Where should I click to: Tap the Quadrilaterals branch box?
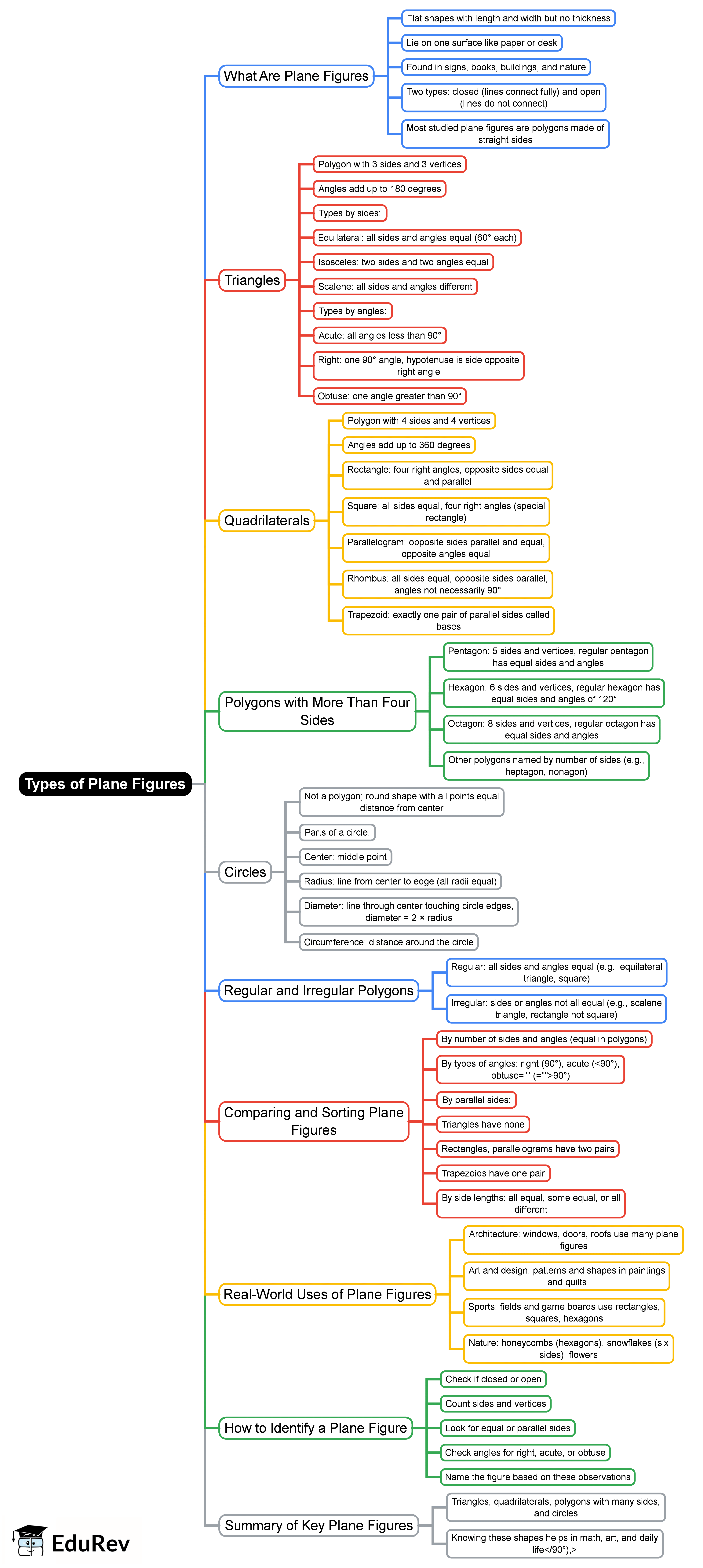pos(267,520)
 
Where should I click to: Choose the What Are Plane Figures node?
pos(296,76)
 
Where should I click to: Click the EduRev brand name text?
pos(91,1543)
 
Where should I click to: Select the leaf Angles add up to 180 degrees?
pos(379,189)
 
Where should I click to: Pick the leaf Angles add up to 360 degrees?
pos(408,445)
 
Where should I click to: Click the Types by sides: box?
pos(350,213)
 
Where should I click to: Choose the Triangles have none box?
pos(483,1124)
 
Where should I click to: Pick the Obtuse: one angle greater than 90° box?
pos(390,396)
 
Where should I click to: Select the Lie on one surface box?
pos(481,43)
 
